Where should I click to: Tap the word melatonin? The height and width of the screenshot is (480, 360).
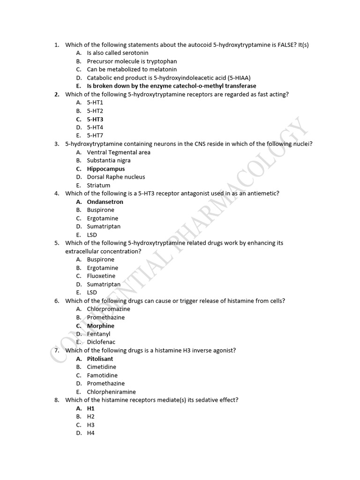click(x=162, y=69)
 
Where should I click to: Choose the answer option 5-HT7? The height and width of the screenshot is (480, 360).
click(x=95, y=135)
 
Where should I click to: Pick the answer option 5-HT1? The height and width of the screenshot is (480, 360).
click(x=95, y=103)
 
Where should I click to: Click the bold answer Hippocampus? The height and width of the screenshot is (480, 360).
click(x=106, y=169)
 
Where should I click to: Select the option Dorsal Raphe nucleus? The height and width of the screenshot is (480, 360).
click(x=116, y=177)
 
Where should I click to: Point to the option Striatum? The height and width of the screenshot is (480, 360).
click(x=98, y=185)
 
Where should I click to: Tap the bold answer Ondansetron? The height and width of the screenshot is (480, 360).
click(x=105, y=202)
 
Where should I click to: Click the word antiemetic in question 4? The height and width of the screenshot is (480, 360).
click(x=264, y=194)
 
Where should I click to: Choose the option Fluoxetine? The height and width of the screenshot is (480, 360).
click(x=101, y=276)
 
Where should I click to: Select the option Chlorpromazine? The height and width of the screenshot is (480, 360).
click(x=108, y=309)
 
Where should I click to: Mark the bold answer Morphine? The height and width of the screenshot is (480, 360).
click(x=100, y=326)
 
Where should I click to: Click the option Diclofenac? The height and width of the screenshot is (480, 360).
click(x=101, y=342)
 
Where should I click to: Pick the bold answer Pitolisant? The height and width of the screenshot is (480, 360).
click(x=100, y=359)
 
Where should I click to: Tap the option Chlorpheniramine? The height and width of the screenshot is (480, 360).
click(x=111, y=392)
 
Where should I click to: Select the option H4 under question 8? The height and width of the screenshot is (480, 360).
click(x=91, y=433)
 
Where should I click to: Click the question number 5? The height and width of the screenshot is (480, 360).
click(x=56, y=243)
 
